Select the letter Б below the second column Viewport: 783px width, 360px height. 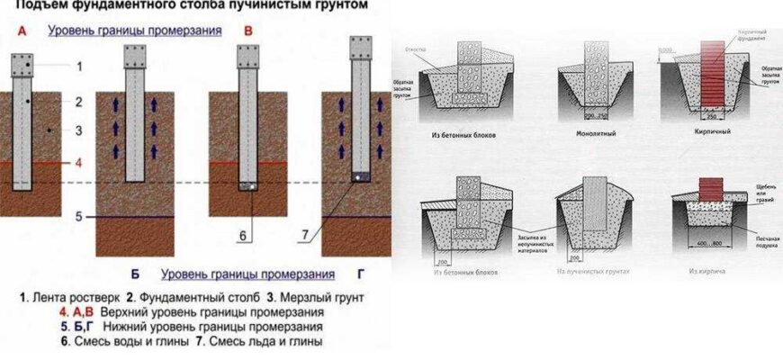133,273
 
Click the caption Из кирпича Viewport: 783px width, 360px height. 707,271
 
